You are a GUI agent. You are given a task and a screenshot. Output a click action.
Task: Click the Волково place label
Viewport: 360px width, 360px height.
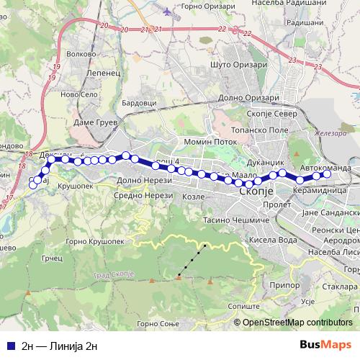click(79, 52)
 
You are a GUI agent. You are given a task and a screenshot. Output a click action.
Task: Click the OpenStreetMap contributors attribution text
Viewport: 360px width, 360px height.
click(297, 323)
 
